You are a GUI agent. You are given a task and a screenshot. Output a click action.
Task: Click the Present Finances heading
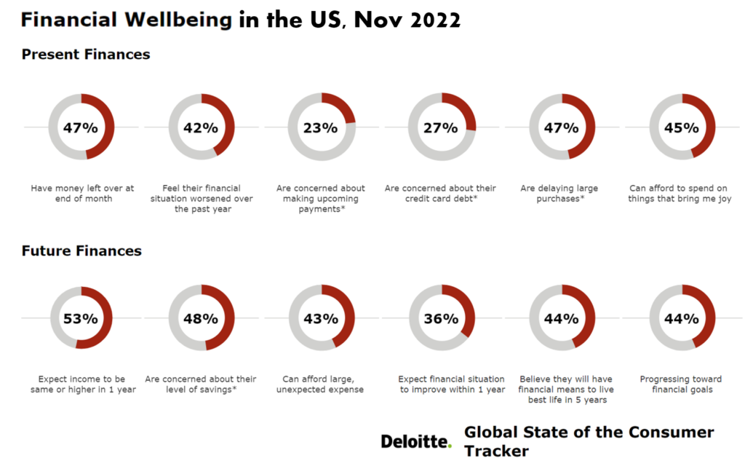[x=86, y=55]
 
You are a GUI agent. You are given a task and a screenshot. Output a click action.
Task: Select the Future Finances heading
[x=81, y=251]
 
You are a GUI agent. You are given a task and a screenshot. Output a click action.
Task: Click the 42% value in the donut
[x=201, y=127]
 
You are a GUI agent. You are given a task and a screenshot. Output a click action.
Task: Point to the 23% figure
[x=321, y=127]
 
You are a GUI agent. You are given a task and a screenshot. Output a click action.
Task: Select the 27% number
[x=441, y=127]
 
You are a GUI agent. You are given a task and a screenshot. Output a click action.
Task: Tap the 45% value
[x=682, y=127]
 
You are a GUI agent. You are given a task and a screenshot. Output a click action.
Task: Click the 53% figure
[x=80, y=318]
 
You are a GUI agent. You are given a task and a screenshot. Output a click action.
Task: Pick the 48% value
[x=201, y=318]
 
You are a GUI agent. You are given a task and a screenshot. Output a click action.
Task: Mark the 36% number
[x=441, y=318]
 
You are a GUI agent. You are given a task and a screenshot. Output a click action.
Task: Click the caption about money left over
[x=82, y=193]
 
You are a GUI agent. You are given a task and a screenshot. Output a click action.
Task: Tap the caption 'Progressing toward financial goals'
[x=681, y=384]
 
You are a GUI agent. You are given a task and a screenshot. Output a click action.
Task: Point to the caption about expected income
[x=81, y=384]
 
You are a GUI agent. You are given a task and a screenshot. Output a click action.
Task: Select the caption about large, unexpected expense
[x=322, y=384]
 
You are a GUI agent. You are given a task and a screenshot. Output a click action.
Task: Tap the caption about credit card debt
[x=440, y=193]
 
